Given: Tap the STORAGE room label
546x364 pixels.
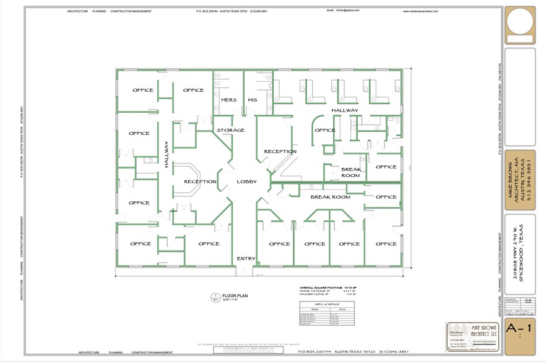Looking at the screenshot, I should (x=230, y=130).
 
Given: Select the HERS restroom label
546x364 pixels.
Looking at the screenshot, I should (x=228, y=100).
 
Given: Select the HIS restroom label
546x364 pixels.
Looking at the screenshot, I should (x=252, y=100).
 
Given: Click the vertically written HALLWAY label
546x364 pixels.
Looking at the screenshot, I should (x=167, y=154).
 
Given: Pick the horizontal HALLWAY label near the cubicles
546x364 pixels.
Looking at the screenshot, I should (x=344, y=110).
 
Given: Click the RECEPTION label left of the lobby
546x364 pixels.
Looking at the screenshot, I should (x=199, y=181).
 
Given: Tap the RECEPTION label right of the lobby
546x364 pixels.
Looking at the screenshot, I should (x=280, y=151).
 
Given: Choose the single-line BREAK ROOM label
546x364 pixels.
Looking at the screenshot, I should (x=330, y=197).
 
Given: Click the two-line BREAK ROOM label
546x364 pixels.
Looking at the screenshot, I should (x=350, y=171).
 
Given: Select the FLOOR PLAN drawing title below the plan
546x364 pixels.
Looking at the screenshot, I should (x=234, y=297).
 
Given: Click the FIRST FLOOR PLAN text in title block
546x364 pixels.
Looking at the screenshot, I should (x=519, y=314).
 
